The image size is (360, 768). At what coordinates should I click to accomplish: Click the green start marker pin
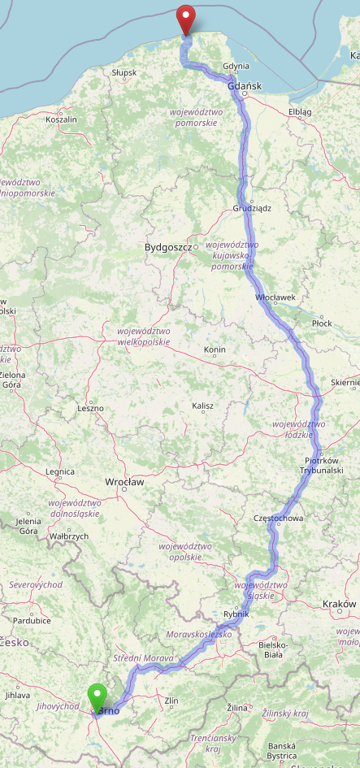click(x=98, y=697)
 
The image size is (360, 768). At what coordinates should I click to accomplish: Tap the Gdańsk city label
click(x=244, y=85)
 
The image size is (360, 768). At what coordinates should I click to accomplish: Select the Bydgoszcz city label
click(x=167, y=246)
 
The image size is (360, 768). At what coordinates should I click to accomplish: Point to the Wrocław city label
click(x=124, y=482)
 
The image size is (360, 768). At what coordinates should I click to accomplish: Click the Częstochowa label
click(x=279, y=518)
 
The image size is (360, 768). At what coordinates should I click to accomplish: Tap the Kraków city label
click(x=339, y=604)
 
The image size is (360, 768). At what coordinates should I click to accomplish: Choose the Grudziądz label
click(x=251, y=208)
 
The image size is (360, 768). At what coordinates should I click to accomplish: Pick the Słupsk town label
click(x=124, y=72)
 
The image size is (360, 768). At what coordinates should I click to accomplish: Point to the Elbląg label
click(x=300, y=111)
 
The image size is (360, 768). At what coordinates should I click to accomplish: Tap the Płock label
click(x=322, y=323)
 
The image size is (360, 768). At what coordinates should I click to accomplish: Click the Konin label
click(x=215, y=350)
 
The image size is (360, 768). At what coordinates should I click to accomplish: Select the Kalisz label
click(x=202, y=406)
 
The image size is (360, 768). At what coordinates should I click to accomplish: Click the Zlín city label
click(x=171, y=700)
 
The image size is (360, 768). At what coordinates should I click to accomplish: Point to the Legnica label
click(x=60, y=471)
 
